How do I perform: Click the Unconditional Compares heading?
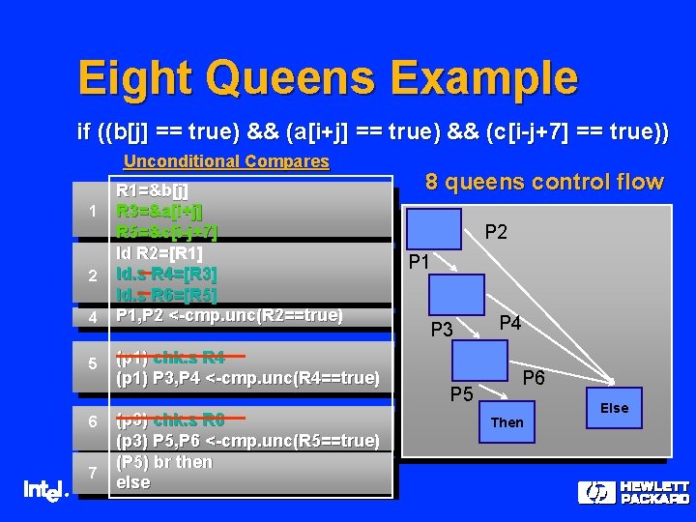coord(226,161)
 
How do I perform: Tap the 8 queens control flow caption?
coord(545,182)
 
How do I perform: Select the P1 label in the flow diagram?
coord(420,262)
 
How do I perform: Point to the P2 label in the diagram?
coord(496,232)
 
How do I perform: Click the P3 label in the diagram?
coord(441,330)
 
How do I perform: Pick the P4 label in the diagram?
coord(509,324)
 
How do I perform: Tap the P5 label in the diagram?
coord(461,393)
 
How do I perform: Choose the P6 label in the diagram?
coord(534,379)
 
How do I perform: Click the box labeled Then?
coord(507,422)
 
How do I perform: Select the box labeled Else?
coord(614,408)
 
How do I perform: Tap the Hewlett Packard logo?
coord(634,492)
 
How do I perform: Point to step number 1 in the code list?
coord(91,212)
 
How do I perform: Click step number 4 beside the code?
coord(91,316)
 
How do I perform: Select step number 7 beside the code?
coord(91,473)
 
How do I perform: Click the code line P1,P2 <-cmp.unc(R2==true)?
coord(229,315)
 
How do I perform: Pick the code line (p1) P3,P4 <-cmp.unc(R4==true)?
coord(246,378)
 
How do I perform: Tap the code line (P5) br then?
coord(163,462)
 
